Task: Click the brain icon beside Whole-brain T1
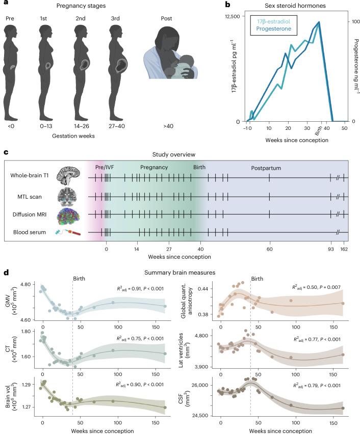coord(67,177)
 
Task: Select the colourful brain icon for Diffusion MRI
coord(67,215)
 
